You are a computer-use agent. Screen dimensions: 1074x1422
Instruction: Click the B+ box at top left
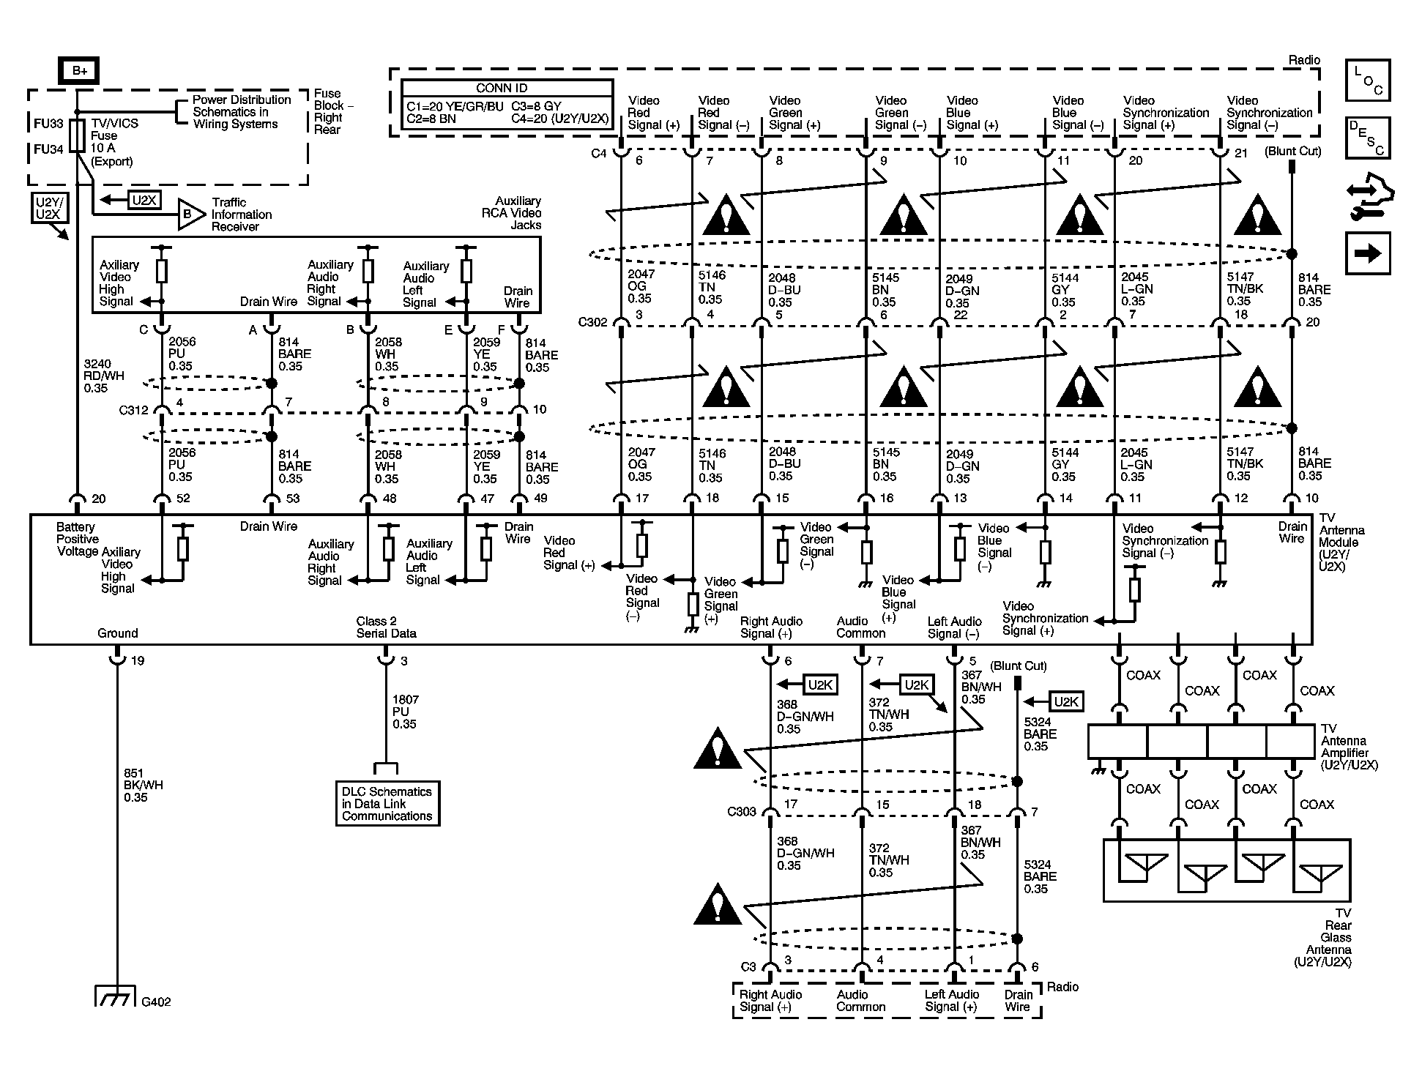(x=78, y=70)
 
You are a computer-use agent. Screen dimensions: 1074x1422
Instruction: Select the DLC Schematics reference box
(x=387, y=804)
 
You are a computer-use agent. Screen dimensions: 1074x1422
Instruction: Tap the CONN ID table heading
(x=507, y=88)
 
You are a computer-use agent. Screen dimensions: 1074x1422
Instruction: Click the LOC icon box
(x=1367, y=80)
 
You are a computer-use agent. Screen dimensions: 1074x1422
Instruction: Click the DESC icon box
(x=1367, y=137)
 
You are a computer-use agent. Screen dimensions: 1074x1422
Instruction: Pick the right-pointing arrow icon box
(x=1367, y=253)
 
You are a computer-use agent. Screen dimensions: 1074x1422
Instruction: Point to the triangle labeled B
(x=190, y=215)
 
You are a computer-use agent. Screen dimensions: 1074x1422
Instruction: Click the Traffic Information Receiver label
(x=241, y=215)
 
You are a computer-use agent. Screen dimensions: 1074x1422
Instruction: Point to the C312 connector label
(x=133, y=410)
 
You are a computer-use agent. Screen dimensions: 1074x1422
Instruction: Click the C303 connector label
(x=741, y=811)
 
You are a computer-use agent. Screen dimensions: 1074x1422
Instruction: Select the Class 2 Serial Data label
(x=386, y=627)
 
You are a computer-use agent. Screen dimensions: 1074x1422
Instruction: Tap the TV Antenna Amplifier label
(x=1349, y=747)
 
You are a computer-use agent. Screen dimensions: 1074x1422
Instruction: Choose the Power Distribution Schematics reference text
(x=241, y=112)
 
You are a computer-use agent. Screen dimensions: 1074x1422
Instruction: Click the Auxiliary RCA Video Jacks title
(x=518, y=213)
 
